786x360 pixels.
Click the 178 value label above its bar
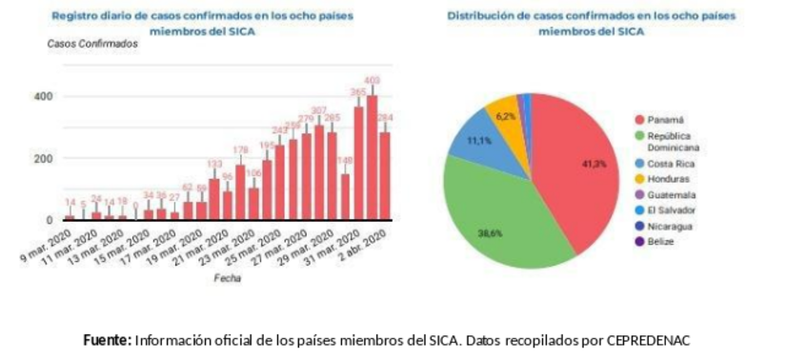click(240, 150)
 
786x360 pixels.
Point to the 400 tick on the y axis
click(42, 96)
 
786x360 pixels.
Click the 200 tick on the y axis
click(42, 158)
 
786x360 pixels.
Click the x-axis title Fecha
click(227, 278)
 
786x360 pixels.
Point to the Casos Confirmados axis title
click(92, 44)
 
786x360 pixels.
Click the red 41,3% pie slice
click(581, 162)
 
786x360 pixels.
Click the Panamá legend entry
click(666, 120)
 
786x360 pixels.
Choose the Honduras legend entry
click(671, 178)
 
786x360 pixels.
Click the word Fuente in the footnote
click(108, 340)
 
